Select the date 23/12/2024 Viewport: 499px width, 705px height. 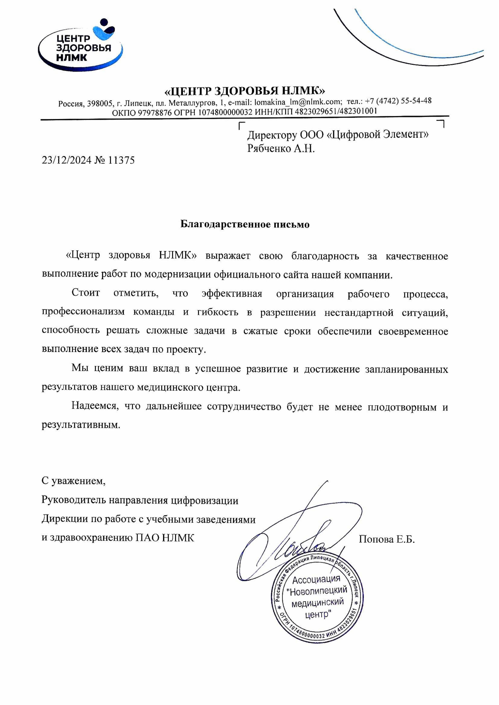click(67, 160)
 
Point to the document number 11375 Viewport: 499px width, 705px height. click(121, 160)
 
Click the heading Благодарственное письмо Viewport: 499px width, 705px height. click(245, 224)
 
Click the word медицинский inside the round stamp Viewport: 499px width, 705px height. click(317, 603)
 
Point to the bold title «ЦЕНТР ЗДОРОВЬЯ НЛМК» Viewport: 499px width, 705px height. click(245, 91)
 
